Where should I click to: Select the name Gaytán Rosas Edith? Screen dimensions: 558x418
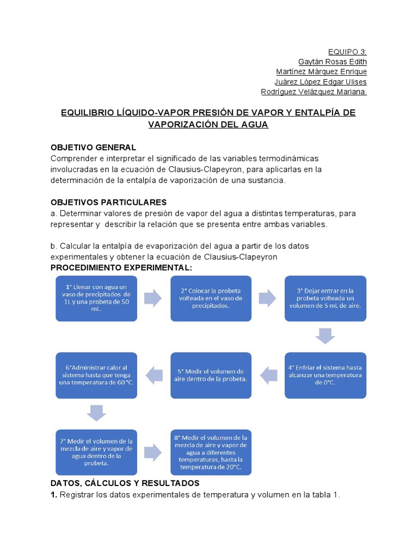tap(333, 62)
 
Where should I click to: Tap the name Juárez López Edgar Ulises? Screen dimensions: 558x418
tap(321, 82)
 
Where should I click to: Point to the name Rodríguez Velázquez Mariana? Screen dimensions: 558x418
tap(314, 92)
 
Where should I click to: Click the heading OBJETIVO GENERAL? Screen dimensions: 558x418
tap(93, 148)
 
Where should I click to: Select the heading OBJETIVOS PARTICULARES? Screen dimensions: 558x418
tap(108, 202)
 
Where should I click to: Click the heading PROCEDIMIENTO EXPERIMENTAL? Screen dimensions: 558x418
tap(121, 268)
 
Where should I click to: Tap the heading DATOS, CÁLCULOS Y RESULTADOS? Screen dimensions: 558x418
tap(125, 483)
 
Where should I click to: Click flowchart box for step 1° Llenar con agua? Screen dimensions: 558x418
tap(96, 298)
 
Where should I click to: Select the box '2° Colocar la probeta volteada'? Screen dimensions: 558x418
tap(211, 298)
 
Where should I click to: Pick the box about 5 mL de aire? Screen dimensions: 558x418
tap(325, 298)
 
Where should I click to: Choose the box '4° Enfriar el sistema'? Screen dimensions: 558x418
tap(325, 375)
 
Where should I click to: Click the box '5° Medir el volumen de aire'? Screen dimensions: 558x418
tap(211, 375)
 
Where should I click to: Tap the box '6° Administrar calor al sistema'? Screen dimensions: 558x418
tap(96, 375)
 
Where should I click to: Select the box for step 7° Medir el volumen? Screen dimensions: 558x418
tap(96, 452)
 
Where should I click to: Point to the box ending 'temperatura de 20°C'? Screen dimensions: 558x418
tap(211, 452)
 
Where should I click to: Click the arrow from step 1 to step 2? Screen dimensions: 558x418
tap(153, 298)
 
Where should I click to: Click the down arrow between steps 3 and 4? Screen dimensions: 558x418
tap(325, 336)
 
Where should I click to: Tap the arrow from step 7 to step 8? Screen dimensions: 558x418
tap(153, 452)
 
